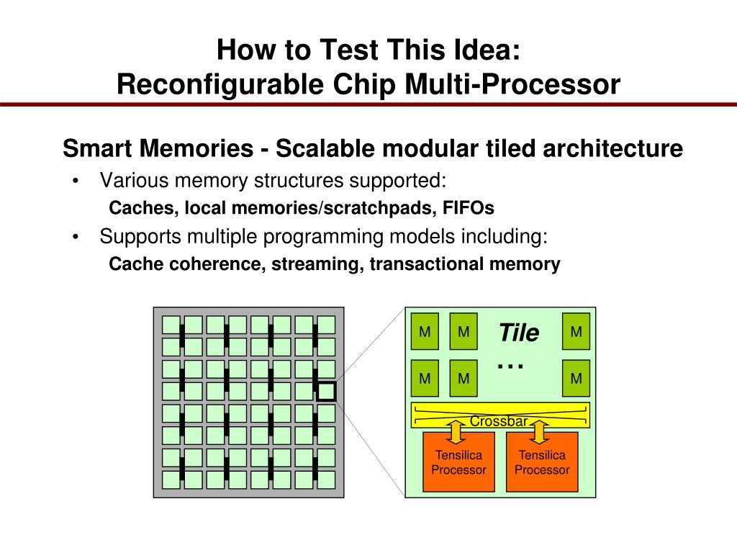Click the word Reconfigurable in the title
click(220, 85)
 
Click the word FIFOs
click(468, 208)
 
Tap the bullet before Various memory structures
click(75, 181)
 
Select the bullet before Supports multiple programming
click(75, 237)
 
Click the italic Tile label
click(518, 333)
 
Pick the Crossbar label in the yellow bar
click(499, 421)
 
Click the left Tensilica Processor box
click(458, 462)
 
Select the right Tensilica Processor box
click(542, 462)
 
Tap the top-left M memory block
click(425, 331)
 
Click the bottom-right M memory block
click(577, 378)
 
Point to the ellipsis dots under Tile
click(510, 366)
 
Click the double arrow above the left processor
click(456, 432)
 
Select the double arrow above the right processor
click(539, 432)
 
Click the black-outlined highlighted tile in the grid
click(326, 391)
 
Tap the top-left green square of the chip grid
click(171, 325)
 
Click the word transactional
click(426, 264)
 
